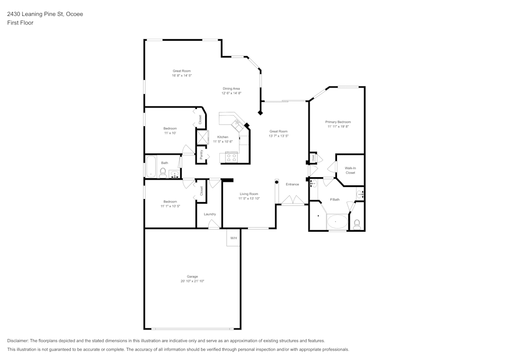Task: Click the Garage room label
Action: pos(192,276)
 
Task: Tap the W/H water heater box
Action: pos(233,238)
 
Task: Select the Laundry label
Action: pos(210,214)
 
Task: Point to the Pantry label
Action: pos(202,155)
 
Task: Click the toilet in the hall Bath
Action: pos(163,174)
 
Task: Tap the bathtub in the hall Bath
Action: pos(151,167)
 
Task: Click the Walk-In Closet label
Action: pos(350,170)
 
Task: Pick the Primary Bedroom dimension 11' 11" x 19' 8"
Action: pos(338,127)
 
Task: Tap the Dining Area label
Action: pos(231,89)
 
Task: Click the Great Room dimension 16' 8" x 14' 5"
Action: pos(182,75)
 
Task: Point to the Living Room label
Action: pos(249,194)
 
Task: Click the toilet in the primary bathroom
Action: pos(357,223)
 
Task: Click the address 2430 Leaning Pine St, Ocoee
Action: pos(45,14)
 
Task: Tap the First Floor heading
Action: pos(20,23)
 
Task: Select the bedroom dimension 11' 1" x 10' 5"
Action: pos(170,206)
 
